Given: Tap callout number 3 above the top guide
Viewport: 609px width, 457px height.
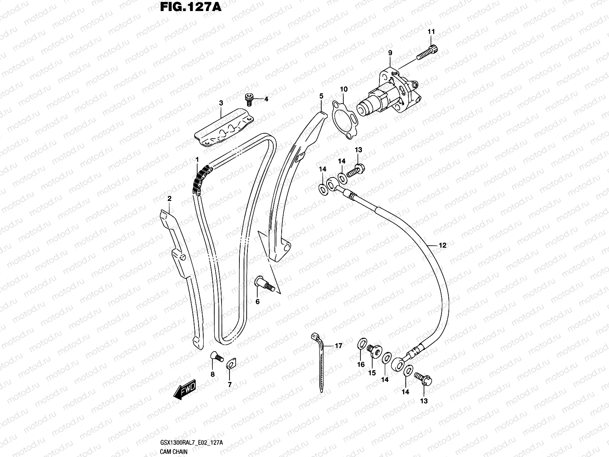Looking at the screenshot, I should (x=221, y=103).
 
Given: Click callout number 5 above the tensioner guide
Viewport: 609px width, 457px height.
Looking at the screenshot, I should (x=321, y=96).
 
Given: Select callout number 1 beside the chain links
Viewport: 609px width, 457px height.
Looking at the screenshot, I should (x=197, y=159).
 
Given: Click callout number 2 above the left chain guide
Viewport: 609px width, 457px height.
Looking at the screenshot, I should (x=169, y=198).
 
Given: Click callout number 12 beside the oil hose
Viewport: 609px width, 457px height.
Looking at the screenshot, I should (x=442, y=246).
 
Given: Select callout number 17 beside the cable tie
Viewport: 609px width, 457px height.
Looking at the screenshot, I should (x=338, y=346).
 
